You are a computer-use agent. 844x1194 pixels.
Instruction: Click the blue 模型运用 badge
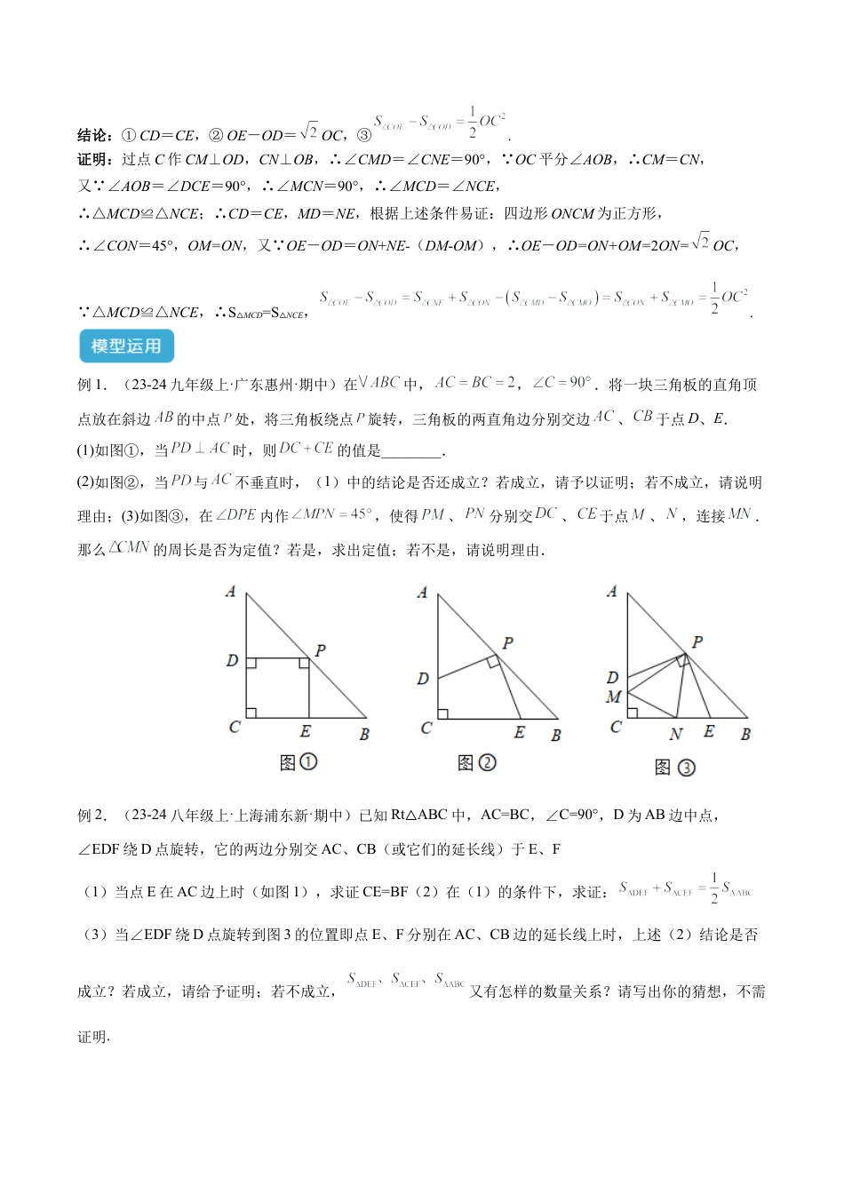125,346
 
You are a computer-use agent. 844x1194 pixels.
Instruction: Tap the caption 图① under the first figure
298,762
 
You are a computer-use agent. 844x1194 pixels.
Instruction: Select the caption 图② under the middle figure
476,762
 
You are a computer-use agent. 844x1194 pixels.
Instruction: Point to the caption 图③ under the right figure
675,768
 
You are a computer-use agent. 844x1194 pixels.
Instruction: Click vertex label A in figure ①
231,591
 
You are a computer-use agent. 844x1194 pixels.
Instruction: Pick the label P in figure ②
507,643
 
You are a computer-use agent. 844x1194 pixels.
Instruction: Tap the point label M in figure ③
613,697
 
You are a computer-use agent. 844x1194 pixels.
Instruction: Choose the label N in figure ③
676,734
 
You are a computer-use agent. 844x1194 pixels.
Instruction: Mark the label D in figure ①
232,660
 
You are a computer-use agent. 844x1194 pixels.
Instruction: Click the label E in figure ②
519,732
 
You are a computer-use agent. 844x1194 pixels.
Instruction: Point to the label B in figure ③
745,734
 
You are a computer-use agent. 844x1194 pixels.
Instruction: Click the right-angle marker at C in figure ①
251,712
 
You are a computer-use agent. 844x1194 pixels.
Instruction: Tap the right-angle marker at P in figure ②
492,661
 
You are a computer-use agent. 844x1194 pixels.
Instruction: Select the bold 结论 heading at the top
94,135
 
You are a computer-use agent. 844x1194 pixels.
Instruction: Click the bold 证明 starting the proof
94,160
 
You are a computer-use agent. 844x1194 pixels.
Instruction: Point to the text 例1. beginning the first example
92,385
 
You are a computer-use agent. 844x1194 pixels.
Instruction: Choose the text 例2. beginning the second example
92,815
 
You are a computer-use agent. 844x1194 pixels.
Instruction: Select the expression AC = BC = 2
474,383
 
